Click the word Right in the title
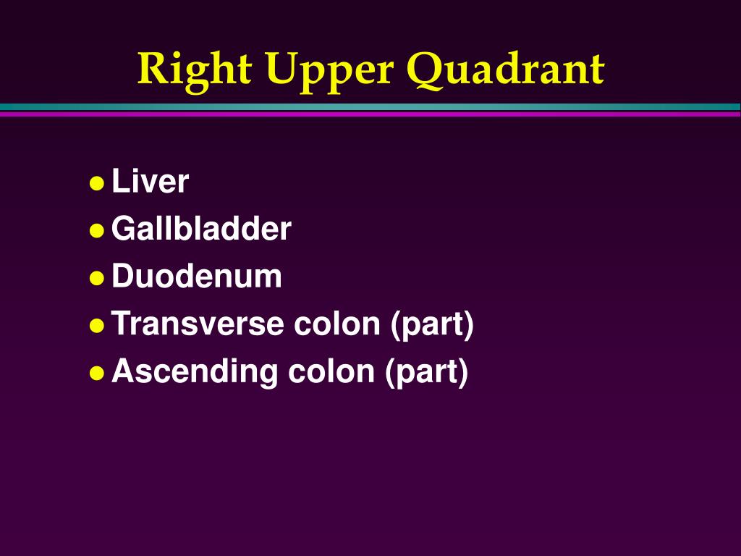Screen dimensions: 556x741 [195, 70]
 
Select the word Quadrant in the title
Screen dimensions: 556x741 [505, 70]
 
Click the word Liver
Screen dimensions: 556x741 [150, 182]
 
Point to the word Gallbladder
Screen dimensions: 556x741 [201, 229]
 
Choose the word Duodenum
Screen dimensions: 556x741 [197, 277]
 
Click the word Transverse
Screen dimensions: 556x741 [198, 324]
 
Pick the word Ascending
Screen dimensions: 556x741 [195, 372]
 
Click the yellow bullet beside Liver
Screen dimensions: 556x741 [96, 183]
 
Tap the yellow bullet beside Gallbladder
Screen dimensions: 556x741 [96, 231]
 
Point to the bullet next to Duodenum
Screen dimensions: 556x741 [96, 278]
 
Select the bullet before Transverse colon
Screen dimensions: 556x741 [96, 326]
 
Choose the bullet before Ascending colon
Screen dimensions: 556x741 [96, 374]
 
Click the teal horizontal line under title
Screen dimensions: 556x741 [370, 107]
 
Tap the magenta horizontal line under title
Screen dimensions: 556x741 [370, 114]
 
